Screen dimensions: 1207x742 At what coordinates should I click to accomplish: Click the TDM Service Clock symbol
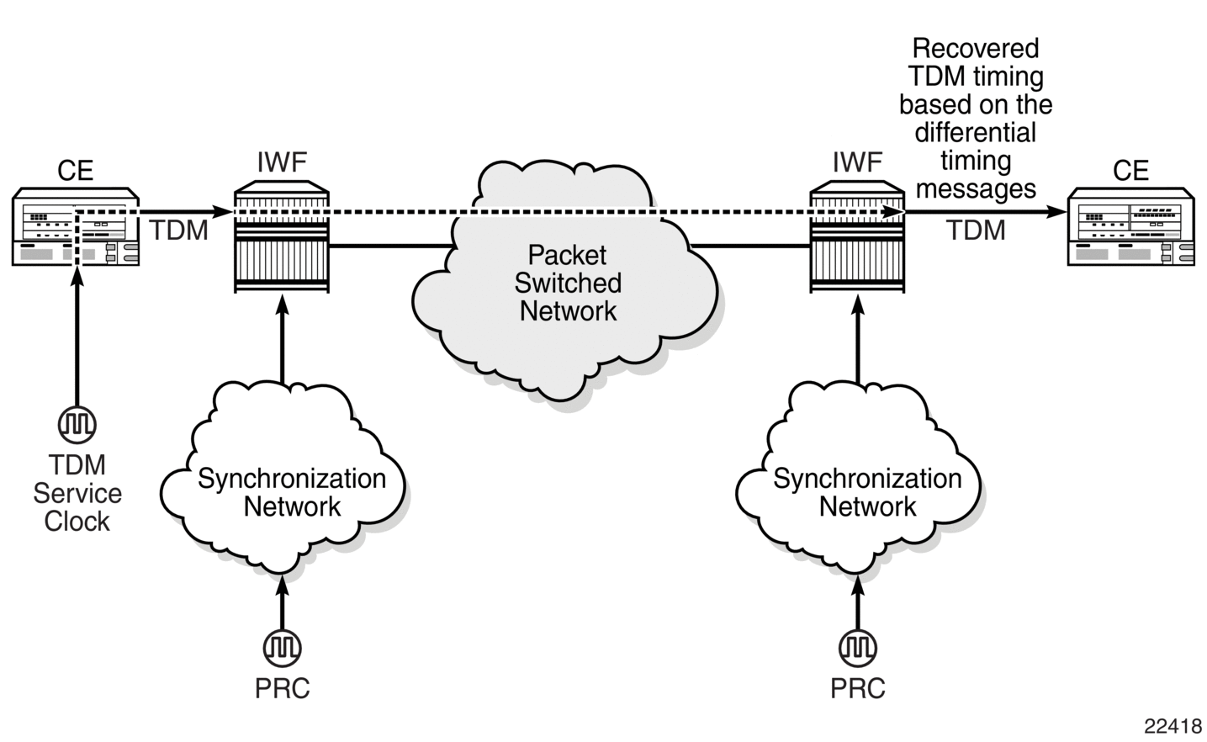pyautogui.click(x=77, y=425)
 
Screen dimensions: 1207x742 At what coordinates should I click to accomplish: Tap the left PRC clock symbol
pyautogui.click(x=283, y=648)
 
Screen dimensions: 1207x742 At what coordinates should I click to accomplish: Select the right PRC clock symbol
pyautogui.click(x=858, y=648)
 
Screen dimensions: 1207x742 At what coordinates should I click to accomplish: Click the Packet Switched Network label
pyautogui.click(x=568, y=284)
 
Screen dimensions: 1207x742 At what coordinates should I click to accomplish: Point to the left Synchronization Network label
pyautogui.click(x=292, y=492)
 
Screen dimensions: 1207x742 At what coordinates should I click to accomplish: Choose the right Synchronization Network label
pyautogui.click(x=867, y=492)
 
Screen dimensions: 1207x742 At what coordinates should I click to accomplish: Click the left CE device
pyautogui.click(x=76, y=227)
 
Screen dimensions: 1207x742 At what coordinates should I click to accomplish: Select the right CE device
pyautogui.click(x=1131, y=227)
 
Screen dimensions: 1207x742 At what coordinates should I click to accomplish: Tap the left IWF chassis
pyautogui.click(x=282, y=237)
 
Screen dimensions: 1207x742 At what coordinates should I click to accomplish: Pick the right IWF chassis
pyautogui.click(x=857, y=237)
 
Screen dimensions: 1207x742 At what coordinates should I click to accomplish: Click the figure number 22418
pyautogui.click(x=1173, y=726)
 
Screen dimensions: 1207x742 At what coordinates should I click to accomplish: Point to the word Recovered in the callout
pyautogui.click(x=976, y=49)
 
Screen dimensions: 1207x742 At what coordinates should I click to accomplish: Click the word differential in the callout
pyautogui.click(x=976, y=133)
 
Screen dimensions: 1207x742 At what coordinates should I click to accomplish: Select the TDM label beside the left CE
pyautogui.click(x=179, y=231)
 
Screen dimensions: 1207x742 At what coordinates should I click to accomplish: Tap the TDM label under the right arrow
pyautogui.click(x=977, y=231)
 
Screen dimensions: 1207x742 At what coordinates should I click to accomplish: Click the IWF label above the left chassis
pyautogui.click(x=282, y=162)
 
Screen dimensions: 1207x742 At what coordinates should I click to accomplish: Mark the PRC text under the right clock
pyautogui.click(x=858, y=688)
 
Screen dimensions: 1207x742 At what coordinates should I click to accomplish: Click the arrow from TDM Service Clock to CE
pyautogui.click(x=77, y=337)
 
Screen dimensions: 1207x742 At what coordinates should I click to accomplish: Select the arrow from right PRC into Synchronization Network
pyautogui.click(x=858, y=602)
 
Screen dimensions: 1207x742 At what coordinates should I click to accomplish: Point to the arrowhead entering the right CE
pyautogui.click(x=1056, y=212)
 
